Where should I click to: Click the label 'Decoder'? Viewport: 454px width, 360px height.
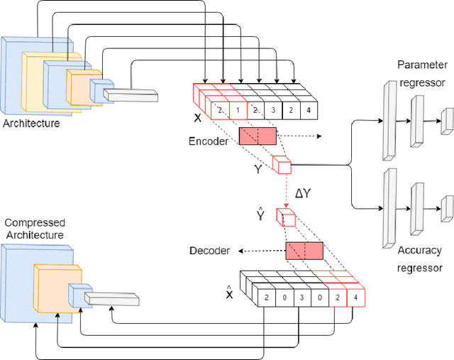click(210, 251)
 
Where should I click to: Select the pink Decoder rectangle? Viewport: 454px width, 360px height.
click(304, 251)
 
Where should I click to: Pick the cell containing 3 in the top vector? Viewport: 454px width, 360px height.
click(273, 111)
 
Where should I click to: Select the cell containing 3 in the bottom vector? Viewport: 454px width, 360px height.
click(301, 298)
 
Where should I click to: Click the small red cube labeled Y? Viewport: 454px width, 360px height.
click(282, 165)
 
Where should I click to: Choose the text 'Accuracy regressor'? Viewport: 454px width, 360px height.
click(420, 258)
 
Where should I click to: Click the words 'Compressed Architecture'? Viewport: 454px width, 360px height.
click(33, 209)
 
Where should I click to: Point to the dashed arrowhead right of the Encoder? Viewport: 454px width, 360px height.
click(318, 136)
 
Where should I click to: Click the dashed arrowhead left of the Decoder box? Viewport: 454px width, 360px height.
click(241, 251)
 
